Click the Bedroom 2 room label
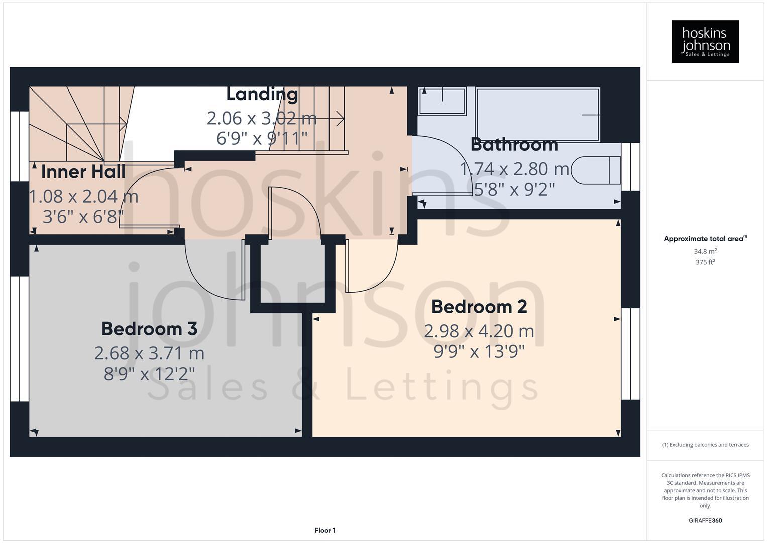479,307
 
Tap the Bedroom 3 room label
149,329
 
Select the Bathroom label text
514,145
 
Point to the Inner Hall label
83,172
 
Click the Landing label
262,94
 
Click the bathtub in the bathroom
537,115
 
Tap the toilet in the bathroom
597,170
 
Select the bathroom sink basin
442,101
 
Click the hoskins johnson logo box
705,41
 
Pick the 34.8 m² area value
705,251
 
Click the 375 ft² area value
705,262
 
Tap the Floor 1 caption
325,530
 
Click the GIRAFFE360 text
705,520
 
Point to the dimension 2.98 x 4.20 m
479,331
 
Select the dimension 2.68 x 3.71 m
149,353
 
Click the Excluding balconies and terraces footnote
705,445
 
